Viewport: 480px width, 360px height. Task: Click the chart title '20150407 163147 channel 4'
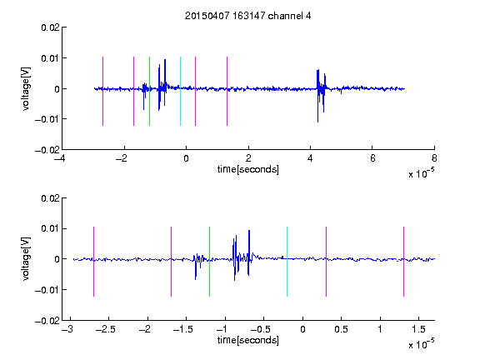[247, 16]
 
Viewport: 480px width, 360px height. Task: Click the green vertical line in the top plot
[149, 91]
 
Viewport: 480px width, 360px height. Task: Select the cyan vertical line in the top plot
[180, 91]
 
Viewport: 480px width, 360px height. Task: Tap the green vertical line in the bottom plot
[209, 262]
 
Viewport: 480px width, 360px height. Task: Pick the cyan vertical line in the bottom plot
[287, 262]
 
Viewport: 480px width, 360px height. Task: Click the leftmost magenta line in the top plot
[102, 91]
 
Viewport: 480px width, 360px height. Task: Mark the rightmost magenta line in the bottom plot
[403, 262]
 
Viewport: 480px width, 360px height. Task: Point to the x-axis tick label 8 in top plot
[434, 158]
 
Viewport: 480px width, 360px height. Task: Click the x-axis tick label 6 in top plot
[372, 158]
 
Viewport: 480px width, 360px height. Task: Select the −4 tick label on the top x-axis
[59, 158]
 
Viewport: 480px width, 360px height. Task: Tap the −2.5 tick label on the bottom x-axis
[105, 329]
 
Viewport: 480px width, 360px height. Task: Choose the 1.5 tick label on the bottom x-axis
[418, 329]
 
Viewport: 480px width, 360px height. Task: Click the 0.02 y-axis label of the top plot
[50, 27]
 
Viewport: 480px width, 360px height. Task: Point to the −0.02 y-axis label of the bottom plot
[47, 321]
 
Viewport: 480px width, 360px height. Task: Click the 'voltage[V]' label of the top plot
[26, 89]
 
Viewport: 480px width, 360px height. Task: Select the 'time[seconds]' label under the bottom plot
[248, 340]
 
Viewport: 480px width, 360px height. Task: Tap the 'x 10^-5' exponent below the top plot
[421, 173]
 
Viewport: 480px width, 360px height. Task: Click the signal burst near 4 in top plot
[321, 96]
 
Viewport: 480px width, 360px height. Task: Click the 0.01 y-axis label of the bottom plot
[50, 228]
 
